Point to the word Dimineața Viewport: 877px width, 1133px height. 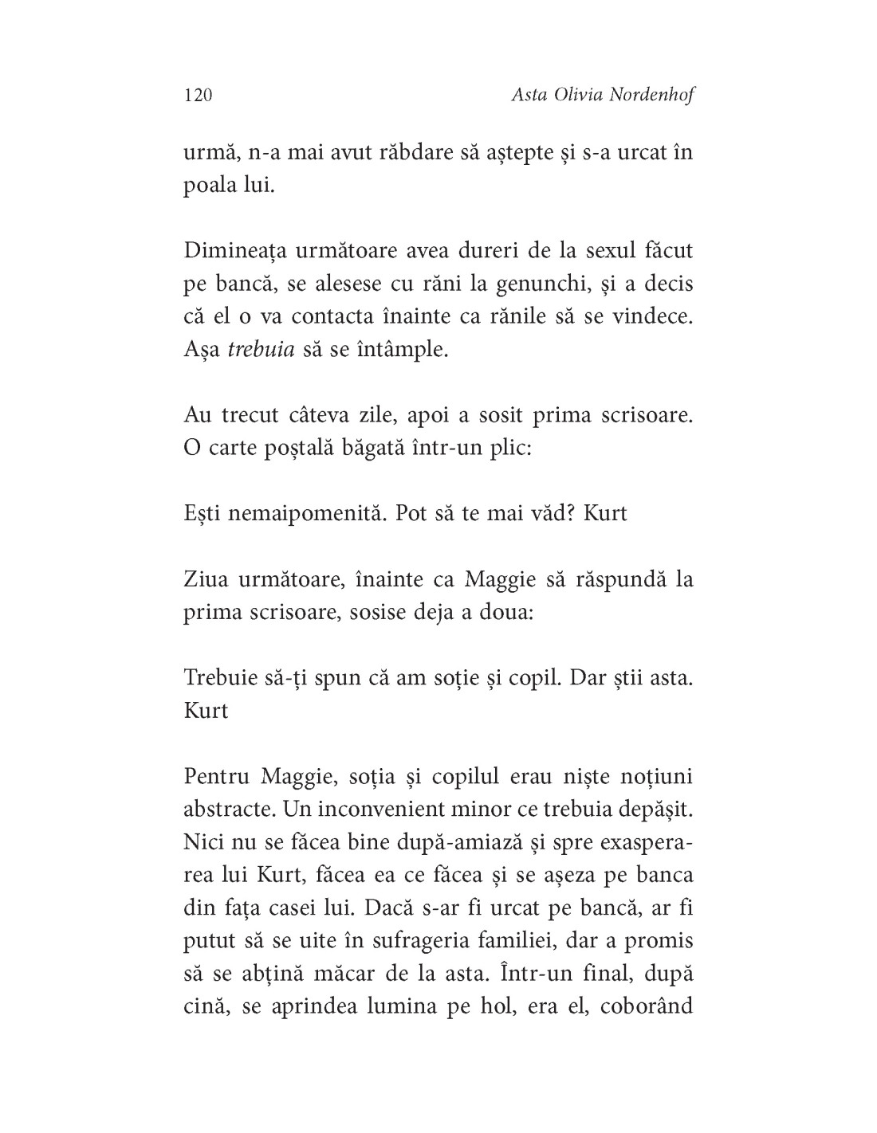[234, 251]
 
